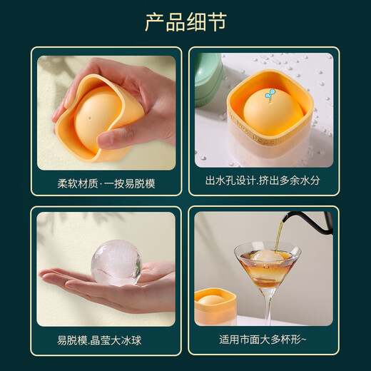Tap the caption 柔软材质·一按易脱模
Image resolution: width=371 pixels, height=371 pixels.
(x=106, y=183)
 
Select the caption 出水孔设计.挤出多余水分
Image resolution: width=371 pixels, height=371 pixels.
(x=263, y=181)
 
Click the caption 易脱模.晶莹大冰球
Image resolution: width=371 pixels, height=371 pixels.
(x=99, y=340)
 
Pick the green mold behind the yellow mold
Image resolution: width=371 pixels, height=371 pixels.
(x=207, y=78)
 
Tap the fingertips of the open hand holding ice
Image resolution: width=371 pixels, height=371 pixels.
(x=51, y=275)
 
